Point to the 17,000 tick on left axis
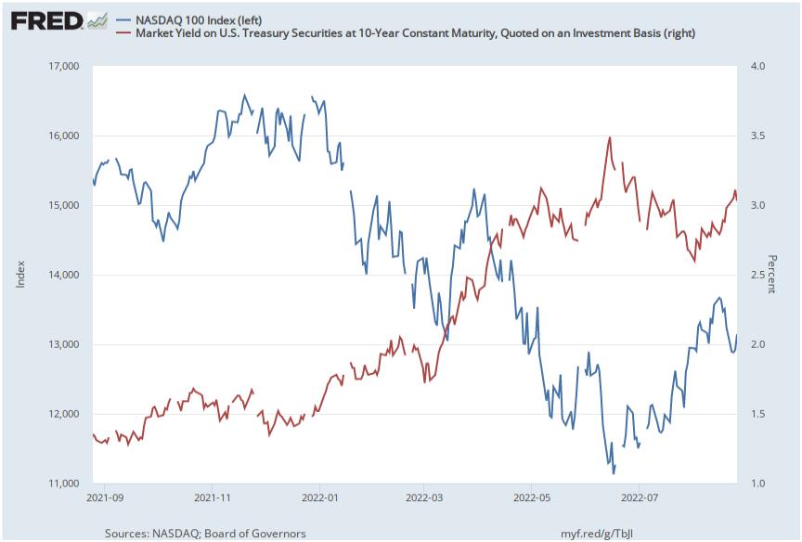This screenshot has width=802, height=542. point(62,66)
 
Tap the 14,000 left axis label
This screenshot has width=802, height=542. point(62,275)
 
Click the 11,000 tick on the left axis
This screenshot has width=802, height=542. point(62,484)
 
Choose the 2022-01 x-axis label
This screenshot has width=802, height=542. point(319,497)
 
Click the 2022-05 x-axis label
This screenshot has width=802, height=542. point(531,497)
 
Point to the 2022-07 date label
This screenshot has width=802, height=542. point(639,497)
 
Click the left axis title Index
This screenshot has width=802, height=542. point(21,275)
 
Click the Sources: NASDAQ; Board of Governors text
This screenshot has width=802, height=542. point(205,534)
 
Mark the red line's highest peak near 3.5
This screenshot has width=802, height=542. point(610,137)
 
